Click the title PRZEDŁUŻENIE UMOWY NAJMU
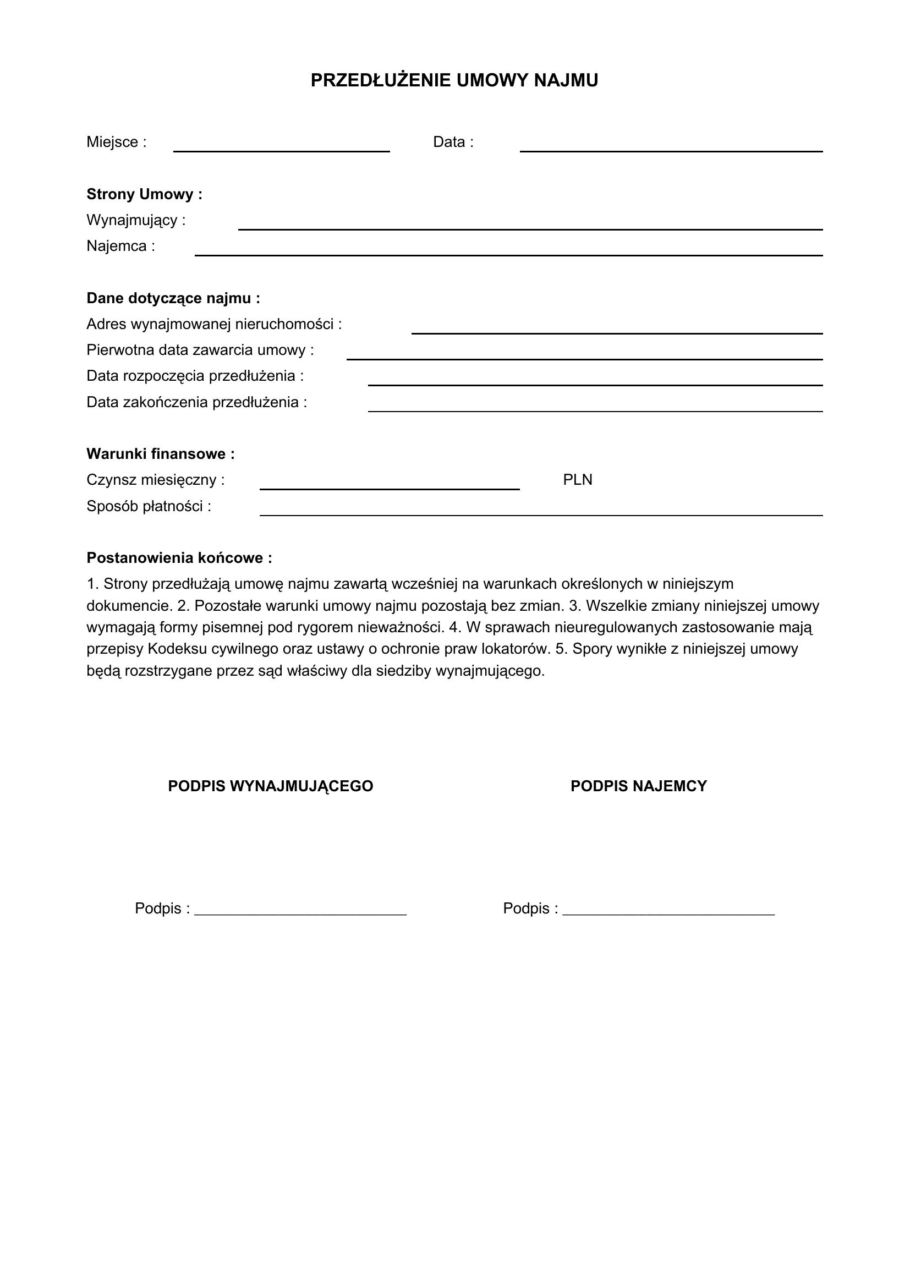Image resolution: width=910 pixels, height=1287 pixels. (454, 81)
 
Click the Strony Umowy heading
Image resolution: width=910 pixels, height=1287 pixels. (144, 194)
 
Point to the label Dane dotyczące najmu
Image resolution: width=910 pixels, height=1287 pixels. (173, 298)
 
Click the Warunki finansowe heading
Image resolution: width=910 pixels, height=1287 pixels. (160, 454)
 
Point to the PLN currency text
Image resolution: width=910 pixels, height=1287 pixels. (577, 480)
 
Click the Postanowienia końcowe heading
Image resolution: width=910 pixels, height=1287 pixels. (179, 558)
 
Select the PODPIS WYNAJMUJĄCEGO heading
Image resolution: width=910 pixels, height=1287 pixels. (271, 786)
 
